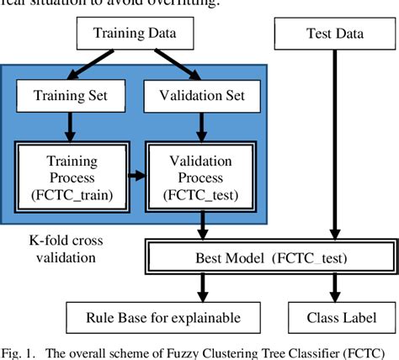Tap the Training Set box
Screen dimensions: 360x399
pyautogui.click(x=66, y=96)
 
